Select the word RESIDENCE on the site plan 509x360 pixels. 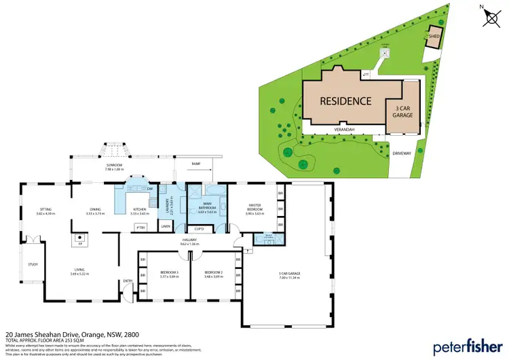[346, 101]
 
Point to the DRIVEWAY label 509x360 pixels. [402, 154]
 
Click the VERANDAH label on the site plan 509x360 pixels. [345, 128]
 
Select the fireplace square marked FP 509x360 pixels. [79, 239]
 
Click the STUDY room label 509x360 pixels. [33, 265]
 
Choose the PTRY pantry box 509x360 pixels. [141, 227]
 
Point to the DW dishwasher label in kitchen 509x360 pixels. [149, 188]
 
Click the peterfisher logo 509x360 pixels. [465, 344]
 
